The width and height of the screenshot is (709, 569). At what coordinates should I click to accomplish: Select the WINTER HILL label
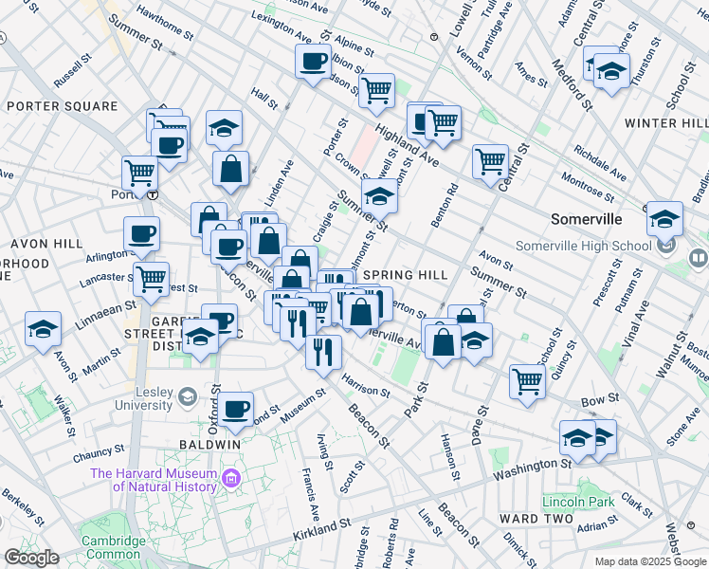click(x=665, y=123)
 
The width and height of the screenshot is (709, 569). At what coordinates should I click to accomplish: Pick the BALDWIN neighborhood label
click(x=210, y=444)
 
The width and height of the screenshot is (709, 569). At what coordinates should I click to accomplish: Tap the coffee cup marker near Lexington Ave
click(x=312, y=64)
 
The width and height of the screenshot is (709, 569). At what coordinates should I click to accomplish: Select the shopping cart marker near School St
click(x=527, y=381)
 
